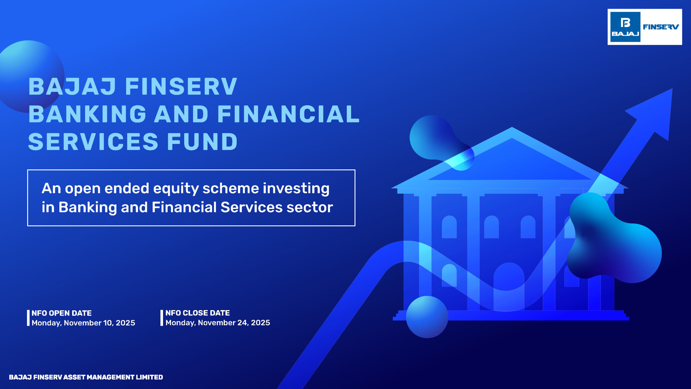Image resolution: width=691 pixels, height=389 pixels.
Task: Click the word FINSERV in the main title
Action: (181, 87)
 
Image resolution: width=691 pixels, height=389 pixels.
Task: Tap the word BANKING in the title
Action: (87, 114)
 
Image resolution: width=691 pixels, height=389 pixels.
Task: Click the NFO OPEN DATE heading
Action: (62, 313)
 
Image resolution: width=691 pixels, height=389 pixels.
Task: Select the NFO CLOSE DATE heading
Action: (197, 313)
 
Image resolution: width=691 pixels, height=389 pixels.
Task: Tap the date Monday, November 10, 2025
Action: (83, 323)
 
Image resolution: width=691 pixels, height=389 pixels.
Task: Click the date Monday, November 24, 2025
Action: (218, 323)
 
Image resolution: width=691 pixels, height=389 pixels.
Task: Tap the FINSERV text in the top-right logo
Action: (660, 27)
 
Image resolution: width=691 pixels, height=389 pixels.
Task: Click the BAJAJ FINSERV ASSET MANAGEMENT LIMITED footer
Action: (86, 377)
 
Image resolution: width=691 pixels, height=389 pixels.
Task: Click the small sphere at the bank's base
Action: (427, 317)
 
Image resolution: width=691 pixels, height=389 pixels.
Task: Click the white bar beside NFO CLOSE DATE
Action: (162, 318)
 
